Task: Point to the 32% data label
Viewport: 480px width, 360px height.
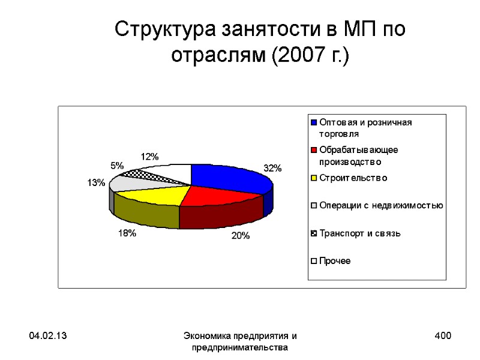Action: point(272,169)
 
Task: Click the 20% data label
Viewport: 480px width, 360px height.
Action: point(240,236)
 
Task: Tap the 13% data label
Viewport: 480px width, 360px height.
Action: point(96,182)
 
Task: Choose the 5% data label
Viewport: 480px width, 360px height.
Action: point(117,166)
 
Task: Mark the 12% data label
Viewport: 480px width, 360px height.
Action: point(149,157)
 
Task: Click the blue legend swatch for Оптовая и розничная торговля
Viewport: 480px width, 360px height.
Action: point(313,122)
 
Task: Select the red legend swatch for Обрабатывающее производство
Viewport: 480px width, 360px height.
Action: point(313,150)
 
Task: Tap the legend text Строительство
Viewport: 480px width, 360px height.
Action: point(353,178)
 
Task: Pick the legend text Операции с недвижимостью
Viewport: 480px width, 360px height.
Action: point(381,206)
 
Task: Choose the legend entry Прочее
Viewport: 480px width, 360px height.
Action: point(335,261)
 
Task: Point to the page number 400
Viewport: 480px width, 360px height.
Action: point(443,336)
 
